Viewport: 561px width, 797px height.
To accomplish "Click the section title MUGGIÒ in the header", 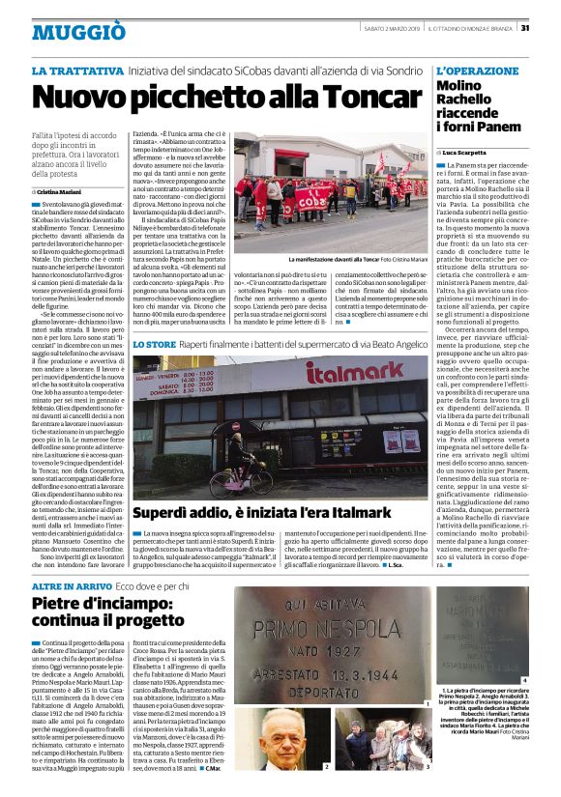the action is pos(65,32).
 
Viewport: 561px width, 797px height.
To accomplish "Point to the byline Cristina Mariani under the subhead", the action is pos(60,193).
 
